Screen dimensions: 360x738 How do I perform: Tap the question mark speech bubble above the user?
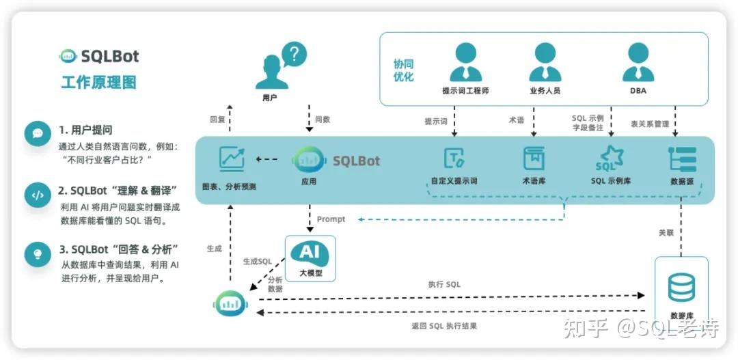click(293, 54)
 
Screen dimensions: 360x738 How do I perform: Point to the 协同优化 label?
click(403, 70)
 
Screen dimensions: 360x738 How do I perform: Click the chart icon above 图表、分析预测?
click(232, 159)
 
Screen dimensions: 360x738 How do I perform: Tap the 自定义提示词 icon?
click(454, 158)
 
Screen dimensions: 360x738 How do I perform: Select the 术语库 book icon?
click(534, 158)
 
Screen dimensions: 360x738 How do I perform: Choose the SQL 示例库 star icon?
click(610, 158)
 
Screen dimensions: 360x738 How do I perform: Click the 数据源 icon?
click(682, 158)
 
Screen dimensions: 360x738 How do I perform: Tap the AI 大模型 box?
click(310, 258)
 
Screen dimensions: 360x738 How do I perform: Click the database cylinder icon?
click(681, 287)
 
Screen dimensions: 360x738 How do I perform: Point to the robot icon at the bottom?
click(230, 303)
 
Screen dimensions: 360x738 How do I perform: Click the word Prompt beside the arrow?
click(331, 219)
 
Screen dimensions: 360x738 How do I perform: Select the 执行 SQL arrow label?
click(444, 284)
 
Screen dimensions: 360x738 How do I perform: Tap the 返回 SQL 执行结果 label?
click(444, 326)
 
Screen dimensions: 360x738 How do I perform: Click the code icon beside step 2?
click(38, 195)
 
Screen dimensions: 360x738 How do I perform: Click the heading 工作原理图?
click(99, 83)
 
